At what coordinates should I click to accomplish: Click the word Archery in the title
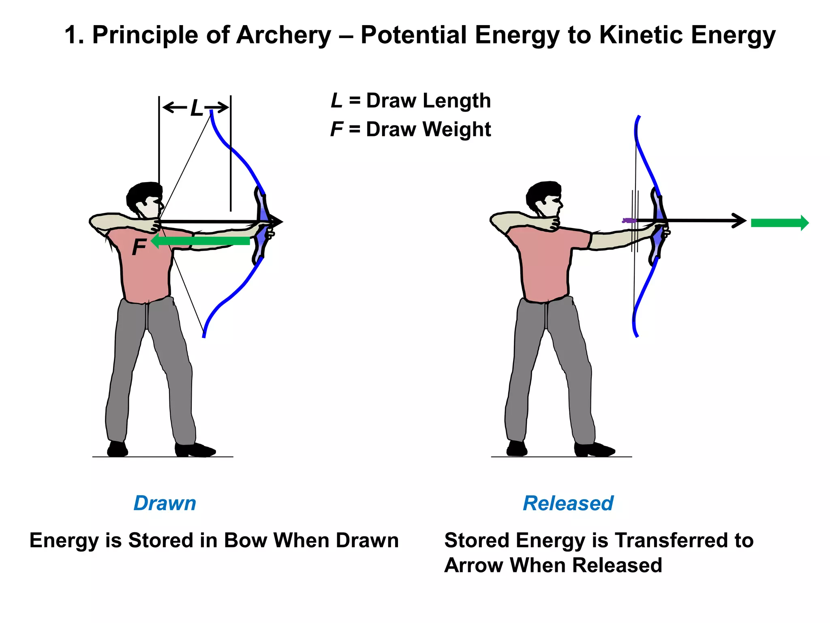click(284, 35)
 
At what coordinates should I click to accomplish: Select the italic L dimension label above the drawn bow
click(197, 108)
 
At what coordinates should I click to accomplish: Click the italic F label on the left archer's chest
click(139, 247)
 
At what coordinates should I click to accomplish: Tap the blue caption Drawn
click(165, 503)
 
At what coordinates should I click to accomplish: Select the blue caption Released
click(568, 503)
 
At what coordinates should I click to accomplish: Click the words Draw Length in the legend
click(428, 101)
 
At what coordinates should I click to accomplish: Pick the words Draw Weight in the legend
click(428, 129)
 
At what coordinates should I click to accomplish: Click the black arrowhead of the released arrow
click(740, 221)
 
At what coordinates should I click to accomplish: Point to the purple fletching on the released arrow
click(629, 220)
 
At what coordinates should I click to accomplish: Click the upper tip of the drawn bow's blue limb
click(211, 112)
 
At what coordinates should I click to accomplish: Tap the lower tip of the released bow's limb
click(637, 335)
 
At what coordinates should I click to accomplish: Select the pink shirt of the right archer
click(545, 264)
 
